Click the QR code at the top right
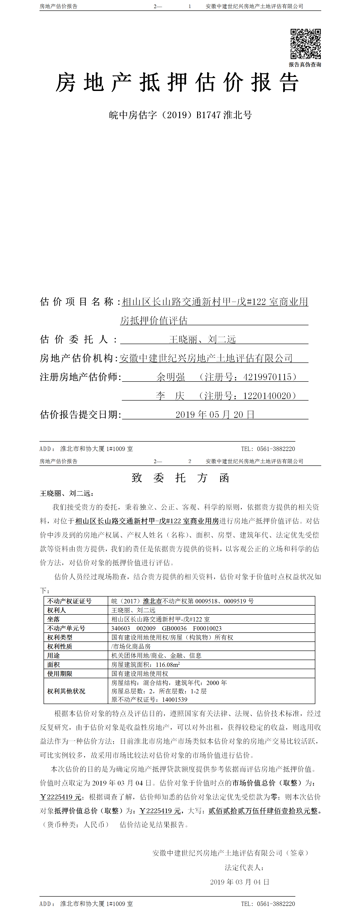pos(306,44)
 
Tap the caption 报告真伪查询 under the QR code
pos(305,65)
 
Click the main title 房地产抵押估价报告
pos(177,83)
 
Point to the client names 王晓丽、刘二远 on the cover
pos(202,340)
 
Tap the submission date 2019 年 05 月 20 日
pos(215,414)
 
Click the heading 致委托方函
pos(180,478)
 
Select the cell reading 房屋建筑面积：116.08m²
pos(146,665)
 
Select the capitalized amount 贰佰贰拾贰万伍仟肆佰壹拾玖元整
pos(263,811)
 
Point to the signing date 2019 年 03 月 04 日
pos(240,882)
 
